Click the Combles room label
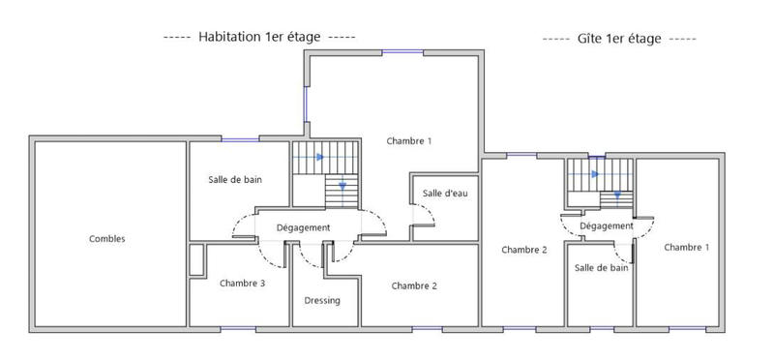[x=107, y=239]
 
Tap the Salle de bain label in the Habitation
[x=235, y=180]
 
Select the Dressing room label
[x=322, y=300]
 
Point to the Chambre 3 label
[x=243, y=284]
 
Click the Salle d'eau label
[x=445, y=194]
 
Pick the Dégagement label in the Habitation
[x=304, y=227]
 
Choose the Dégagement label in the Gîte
[x=607, y=225]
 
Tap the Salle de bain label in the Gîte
[x=601, y=267]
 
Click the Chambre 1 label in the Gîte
[x=687, y=248]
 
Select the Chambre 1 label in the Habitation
[x=409, y=141]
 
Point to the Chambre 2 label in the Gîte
[x=524, y=250]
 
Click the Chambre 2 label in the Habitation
[x=415, y=285]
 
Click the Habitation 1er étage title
[x=260, y=37]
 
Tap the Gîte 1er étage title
[x=618, y=39]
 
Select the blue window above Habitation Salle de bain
[x=240, y=140]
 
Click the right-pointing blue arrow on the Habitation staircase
[x=318, y=157]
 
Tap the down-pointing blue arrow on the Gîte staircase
[x=616, y=195]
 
